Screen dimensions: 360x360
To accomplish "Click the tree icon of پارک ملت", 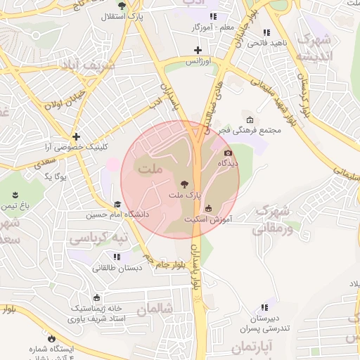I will pos(185,181).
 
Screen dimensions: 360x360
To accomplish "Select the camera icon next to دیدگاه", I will pos(228,153).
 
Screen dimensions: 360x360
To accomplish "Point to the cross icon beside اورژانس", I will pos(198,51).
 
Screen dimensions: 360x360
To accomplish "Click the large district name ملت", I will pos(150,169).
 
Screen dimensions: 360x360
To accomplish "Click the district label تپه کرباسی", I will pos(98,239).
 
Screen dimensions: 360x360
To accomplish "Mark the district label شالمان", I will pos(155,308).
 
